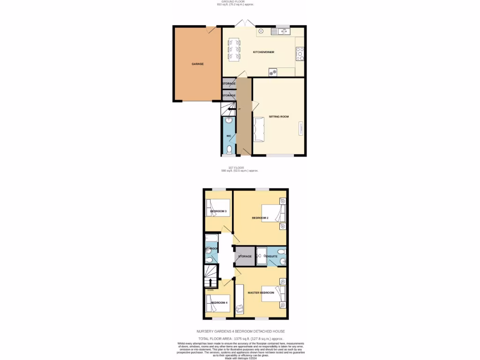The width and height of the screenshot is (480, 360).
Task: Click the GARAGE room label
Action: coord(197,64)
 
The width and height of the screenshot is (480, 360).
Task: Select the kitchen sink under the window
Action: coord(284,32)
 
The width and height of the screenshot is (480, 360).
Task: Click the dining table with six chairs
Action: coord(234,49)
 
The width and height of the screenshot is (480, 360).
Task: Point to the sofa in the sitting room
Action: coord(259,129)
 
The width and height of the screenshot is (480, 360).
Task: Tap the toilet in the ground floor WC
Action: coord(229,150)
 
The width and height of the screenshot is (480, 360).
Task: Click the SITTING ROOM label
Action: coord(278,116)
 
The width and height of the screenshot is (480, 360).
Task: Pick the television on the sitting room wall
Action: coord(300,128)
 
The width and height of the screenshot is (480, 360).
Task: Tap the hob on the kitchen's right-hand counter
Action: coord(300,54)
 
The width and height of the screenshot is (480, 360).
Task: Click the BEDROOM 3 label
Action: coord(218,211)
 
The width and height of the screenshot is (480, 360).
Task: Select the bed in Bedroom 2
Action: coord(273,213)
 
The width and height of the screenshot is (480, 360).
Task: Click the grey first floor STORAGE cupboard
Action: coord(245,256)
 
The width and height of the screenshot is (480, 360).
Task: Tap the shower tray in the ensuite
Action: coord(261,256)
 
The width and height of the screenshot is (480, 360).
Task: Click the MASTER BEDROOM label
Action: coord(261,292)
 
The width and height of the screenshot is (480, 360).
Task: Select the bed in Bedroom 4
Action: coord(218,303)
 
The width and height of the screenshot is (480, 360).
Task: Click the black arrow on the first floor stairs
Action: coord(211,283)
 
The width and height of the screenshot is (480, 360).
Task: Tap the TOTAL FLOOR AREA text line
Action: coord(241,338)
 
